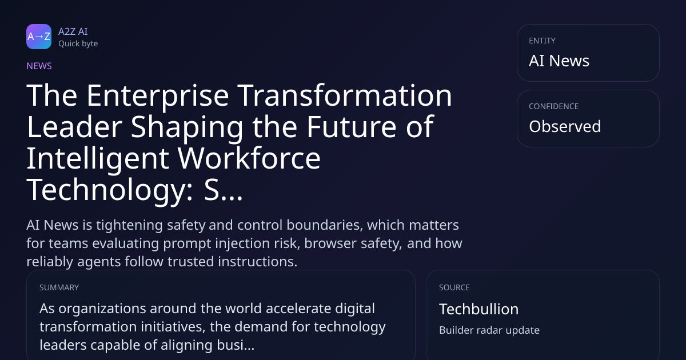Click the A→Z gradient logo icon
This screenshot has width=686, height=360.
pyautogui.click(x=39, y=37)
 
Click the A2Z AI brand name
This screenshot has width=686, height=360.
pyautogui.click(x=73, y=31)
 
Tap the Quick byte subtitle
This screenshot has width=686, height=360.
pyautogui.click(x=78, y=43)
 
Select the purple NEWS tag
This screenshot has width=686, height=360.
pyautogui.click(x=39, y=66)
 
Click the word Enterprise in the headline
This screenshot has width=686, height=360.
pyautogui.click(x=158, y=97)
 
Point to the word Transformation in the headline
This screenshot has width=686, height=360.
pyautogui.click(x=345, y=95)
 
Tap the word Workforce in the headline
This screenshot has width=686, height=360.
pyautogui.click(x=249, y=158)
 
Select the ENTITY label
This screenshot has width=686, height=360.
pyautogui.click(x=542, y=41)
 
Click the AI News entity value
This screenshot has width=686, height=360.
pyautogui.click(x=559, y=61)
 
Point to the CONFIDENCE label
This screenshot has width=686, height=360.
pyautogui.click(x=554, y=106)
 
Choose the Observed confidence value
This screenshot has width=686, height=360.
pyautogui.click(x=565, y=126)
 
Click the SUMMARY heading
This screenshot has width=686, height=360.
pyautogui.click(x=59, y=287)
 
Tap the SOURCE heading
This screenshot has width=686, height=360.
pyautogui.click(x=454, y=287)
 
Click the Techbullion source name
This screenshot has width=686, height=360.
pyautogui.click(x=478, y=309)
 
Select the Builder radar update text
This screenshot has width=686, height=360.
pyautogui.click(x=489, y=330)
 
